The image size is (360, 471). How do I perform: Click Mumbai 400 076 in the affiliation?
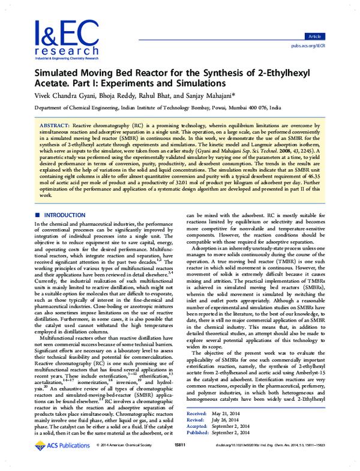click(x=247, y=108)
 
